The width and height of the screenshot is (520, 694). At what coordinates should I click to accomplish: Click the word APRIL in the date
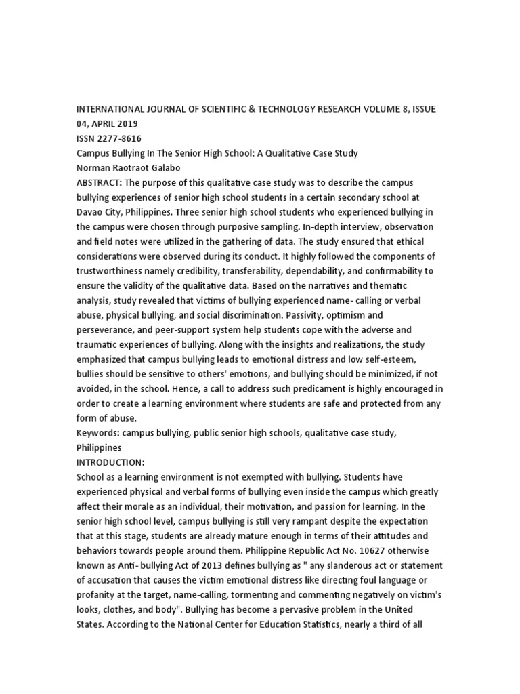[x=103, y=123]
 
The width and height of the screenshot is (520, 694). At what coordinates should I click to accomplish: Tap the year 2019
[x=128, y=123]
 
